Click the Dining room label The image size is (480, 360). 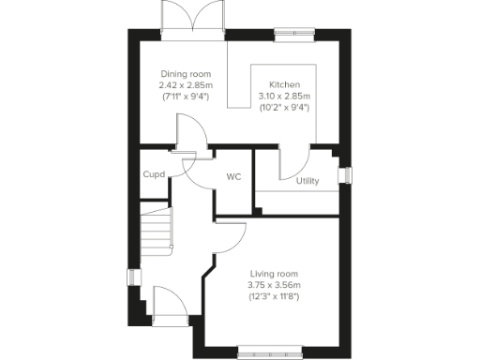click(186, 74)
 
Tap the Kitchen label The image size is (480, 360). click(285, 82)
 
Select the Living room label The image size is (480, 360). click(275, 273)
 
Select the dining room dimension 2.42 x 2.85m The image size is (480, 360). click(186, 84)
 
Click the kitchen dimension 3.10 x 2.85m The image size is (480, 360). click(285, 95)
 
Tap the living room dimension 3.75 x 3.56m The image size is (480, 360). click(275, 285)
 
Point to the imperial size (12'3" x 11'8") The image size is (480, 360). click(275, 297)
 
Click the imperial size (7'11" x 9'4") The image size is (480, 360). click(186, 96)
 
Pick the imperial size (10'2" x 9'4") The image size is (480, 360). click(285, 106)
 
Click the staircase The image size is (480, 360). click(157, 230)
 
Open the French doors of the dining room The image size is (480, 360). click(192, 19)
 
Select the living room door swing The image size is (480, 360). click(230, 238)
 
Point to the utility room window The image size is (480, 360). click(345, 176)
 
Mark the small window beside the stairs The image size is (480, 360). click(132, 280)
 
